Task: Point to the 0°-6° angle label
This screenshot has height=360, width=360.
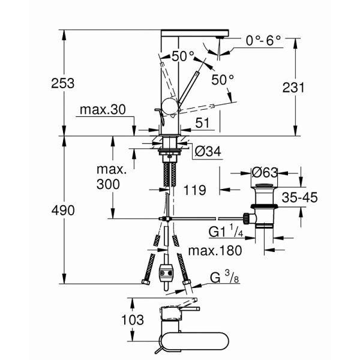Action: (x=264, y=41)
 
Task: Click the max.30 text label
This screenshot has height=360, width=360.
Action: (x=104, y=111)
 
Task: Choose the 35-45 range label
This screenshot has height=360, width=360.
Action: (x=299, y=198)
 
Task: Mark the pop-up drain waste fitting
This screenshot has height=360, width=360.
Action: (x=262, y=207)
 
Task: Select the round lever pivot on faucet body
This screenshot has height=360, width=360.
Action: (x=169, y=107)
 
